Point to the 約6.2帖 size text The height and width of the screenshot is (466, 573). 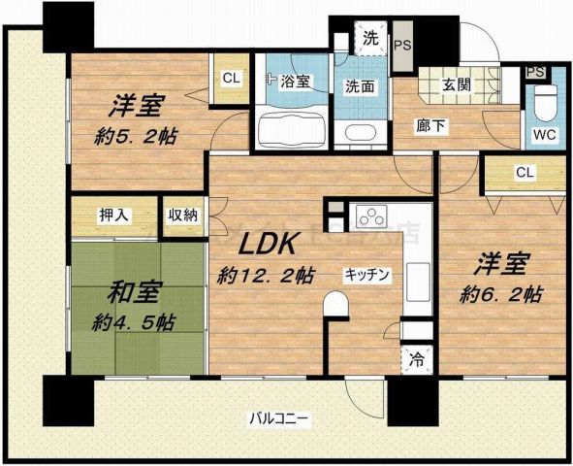(x=501, y=292)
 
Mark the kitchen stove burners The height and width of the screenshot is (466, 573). (x=370, y=215)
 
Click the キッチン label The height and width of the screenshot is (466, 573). (x=366, y=275)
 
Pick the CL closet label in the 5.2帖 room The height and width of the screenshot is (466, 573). (x=232, y=79)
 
